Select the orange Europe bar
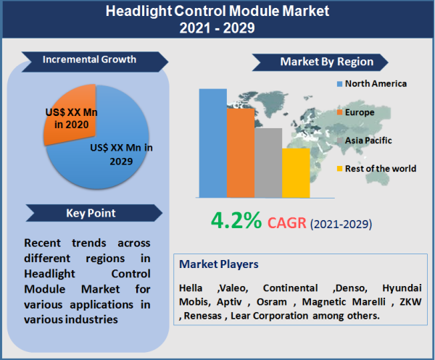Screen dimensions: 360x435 pos(240,153)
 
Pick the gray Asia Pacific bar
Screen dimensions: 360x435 pos(268,162)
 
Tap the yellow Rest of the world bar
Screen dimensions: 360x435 pos(295,172)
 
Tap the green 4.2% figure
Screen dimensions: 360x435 pos(236,221)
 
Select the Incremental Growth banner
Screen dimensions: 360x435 pos(89,59)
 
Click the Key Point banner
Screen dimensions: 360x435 pos(89,213)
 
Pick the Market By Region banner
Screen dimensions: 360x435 pos(326,62)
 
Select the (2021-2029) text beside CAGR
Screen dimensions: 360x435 pos(341,224)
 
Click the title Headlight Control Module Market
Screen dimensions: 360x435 pos(217,12)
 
